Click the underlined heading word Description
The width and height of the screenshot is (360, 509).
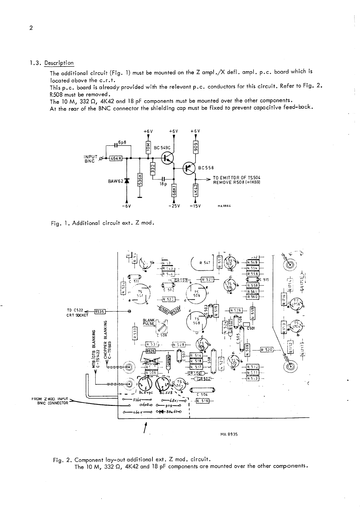pyautogui.click(x=59, y=63)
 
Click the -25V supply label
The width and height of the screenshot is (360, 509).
pyautogui.click(x=174, y=207)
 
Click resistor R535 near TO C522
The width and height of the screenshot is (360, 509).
pyautogui.click(x=100, y=311)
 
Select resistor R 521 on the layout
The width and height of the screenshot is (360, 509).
pyautogui.click(x=208, y=279)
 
